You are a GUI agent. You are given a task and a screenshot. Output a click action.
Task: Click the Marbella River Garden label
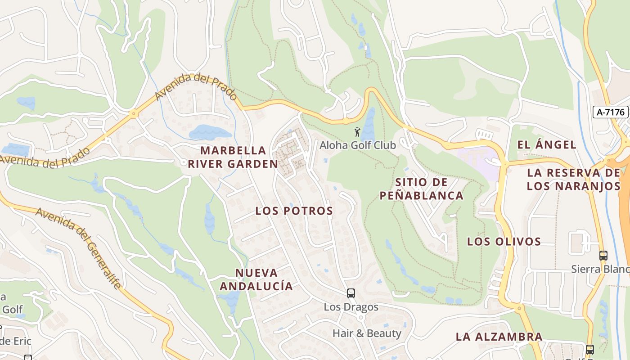(x=233, y=157)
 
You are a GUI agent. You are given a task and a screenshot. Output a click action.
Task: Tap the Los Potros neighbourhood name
(x=294, y=211)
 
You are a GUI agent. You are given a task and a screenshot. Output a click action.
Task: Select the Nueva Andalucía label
(x=256, y=279)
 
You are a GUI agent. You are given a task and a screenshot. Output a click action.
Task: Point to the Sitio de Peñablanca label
(x=421, y=189)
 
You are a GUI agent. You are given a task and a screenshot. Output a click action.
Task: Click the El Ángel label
(x=547, y=145)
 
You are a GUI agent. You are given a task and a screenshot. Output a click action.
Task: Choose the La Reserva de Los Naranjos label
(x=573, y=179)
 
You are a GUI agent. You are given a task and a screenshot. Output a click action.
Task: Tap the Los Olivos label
(x=504, y=242)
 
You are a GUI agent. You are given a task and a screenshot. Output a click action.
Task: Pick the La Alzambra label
(x=499, y=337)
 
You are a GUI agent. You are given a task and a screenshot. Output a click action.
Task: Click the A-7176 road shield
(x=610, y=112)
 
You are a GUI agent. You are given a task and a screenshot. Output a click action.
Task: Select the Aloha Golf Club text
(x=358, y=145)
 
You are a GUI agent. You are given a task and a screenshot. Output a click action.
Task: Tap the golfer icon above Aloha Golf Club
(x=357, y=132)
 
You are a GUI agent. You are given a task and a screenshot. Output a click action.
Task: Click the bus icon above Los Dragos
(x=351, y=293)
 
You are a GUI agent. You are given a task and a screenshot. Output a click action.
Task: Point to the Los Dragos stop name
(x=351, y=307)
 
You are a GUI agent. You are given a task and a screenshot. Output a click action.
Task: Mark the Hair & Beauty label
(x=367, y=333)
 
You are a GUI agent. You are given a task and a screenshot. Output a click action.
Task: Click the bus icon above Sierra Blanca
(x=603, y=256)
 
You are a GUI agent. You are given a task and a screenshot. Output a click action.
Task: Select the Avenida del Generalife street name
(x=79, y=247)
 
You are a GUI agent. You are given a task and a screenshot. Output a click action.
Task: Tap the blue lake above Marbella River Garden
(x=210, y=132)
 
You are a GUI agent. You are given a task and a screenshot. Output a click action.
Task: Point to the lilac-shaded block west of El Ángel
(x=478, y=158)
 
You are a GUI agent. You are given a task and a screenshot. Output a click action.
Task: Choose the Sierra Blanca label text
(x=600, y=269)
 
